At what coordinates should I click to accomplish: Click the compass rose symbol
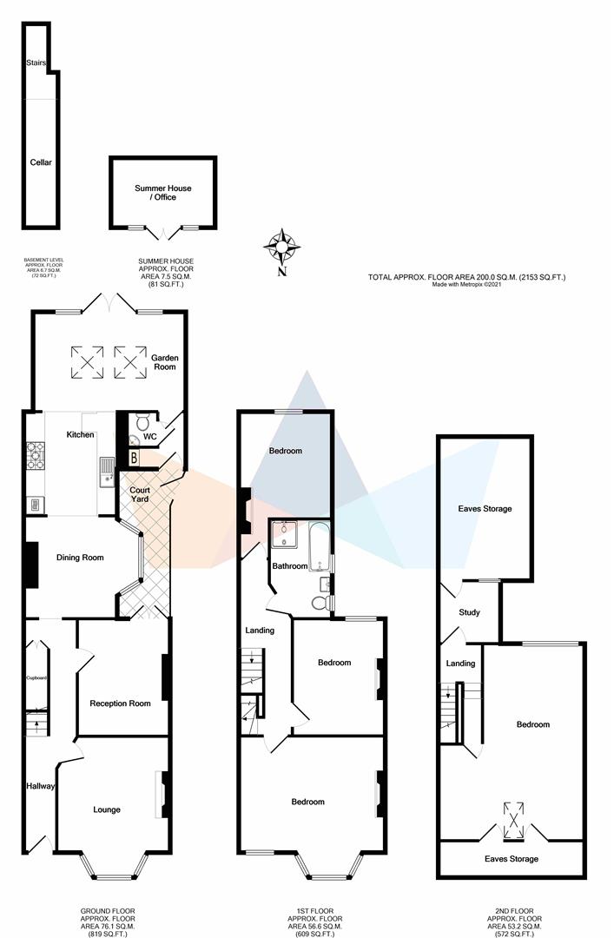click(282, 247)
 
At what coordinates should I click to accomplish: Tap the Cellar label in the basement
click(42, 162)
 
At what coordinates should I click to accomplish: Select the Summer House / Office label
click(162, 193)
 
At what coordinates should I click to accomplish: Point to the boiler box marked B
click(135, 459)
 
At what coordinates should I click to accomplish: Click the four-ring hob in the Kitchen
click(36, 457)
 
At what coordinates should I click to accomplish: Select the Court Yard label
click(140, 494)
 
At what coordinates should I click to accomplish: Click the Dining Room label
click(80, 558)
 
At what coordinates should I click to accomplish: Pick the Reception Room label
click(121, 703)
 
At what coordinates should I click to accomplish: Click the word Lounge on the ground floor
click(107, 810)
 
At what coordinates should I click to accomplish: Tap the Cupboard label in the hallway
click(36, 677)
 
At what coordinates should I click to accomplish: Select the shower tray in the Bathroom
click(284, 534)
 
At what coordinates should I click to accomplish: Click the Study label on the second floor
click(470, 612)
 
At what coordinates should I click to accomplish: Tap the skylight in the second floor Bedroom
click(513, 821)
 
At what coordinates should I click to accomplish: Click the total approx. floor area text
click(466, 277)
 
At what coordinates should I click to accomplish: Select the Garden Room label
click(164, 362)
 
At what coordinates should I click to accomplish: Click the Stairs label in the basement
click(36, 63)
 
